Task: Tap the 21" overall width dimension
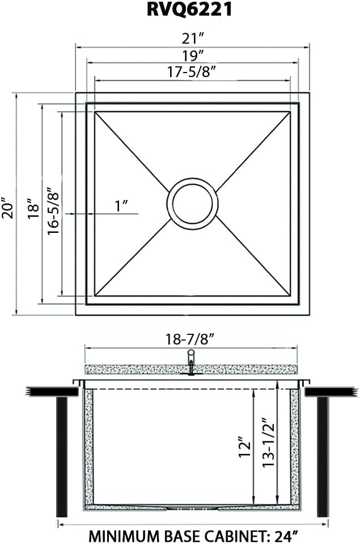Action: tap(192, 39)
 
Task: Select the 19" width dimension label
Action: tap(192, 56)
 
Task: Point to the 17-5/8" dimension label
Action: tap(192, 73)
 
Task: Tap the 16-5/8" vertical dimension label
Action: tap(53, 211)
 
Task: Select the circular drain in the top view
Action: tap(192, 204)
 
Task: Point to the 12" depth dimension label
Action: tap(244, 448)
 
